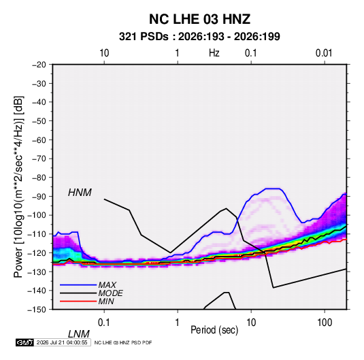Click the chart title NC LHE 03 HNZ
pyautogui.click(x=199, y=19)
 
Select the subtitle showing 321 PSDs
pyautogui.click(x=199, y=37)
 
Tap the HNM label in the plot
pyautogui.click(x=80, y=193)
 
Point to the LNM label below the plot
pyautogui.click(x=78, y=334)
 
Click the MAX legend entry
pyautogui.click(x=107, y=284)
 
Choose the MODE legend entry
pyautogui.click(x=110, y=293)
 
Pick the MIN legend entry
pyautogui.click(x=106, y=301)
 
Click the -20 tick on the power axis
pyautogui.click(x=39, y=65)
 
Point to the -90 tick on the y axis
pyautogui.click(x=39, y=196)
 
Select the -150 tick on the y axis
pyautogui.click(x=37, y=310)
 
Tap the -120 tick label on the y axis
pyautogui.click(x=37, y=252)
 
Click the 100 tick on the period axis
pyautogui.click(x=325, y=323)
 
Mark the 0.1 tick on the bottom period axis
pyautogui.click(x=104, y=323)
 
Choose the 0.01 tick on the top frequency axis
pyautogui.click(x=324, y=53)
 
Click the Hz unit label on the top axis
pyautogui.click(x=214, y=53)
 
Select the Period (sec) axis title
pyautogui.click(x=214, y=330)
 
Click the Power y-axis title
pyautogui.click(x=18, y=186)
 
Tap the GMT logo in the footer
pyautogui.click(x=24, y=342)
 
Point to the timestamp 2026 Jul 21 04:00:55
pyautogui.click(x=62, y=342)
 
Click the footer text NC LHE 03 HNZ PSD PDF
pyautogui.click(x=123, y=342)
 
